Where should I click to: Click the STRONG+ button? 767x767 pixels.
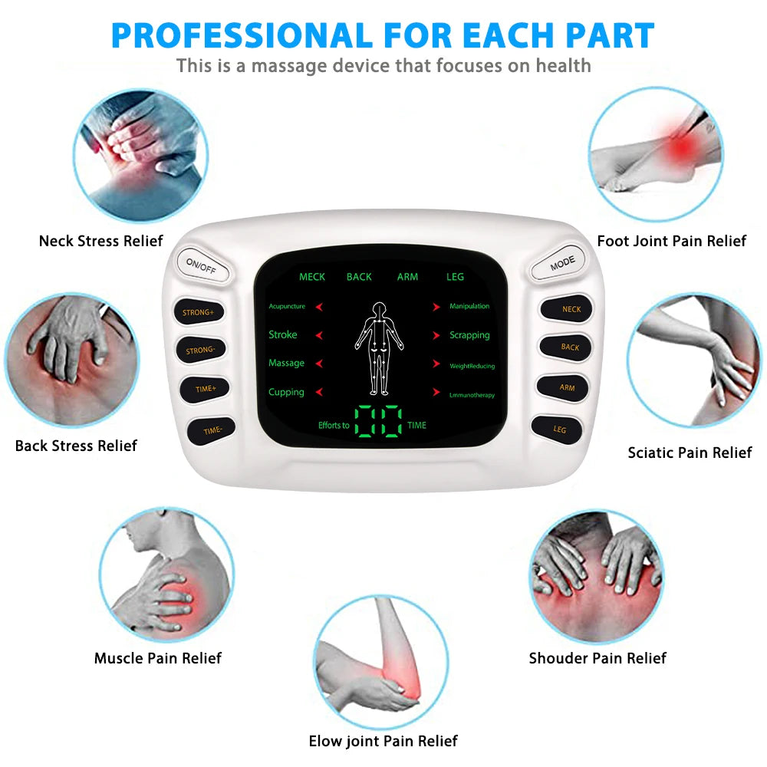coord(199,312)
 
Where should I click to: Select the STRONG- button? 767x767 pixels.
coord(200,351)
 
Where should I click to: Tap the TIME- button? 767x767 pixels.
coord(212,430)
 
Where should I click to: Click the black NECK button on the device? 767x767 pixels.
coord(571,309)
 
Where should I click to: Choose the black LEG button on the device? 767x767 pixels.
coord(559,430)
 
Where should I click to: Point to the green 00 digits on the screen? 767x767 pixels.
coord(379,421)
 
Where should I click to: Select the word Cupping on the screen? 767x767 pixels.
coord(286,392)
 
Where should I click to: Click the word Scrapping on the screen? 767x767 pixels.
coord(469,335)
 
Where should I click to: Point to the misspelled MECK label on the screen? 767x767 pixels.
coord(312,277)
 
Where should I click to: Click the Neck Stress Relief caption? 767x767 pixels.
coord(100,241)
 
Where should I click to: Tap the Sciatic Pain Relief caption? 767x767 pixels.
coord(690,453)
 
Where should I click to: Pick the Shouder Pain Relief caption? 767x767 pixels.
coord(597,658)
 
